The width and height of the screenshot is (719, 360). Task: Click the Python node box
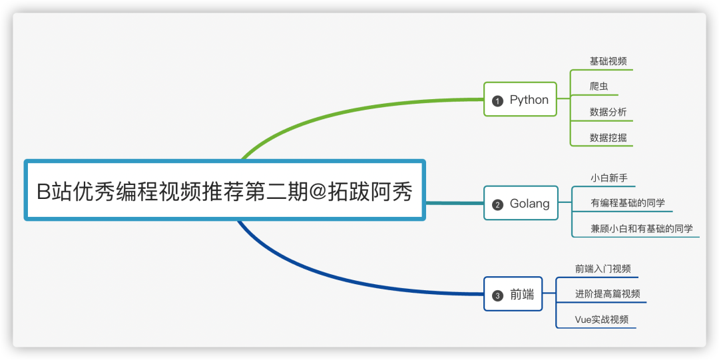pos(520,100)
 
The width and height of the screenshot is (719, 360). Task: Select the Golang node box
pos(521,204)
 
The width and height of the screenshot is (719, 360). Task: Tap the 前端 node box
pos(513,294)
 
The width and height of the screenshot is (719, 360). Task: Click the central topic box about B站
pos(224,191)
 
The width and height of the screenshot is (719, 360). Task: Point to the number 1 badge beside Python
pos(497,101)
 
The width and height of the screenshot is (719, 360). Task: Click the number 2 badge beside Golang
pos(497,204)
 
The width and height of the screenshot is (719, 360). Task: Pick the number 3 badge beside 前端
pos(497,295)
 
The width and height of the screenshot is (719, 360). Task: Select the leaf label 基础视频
pos(608,61)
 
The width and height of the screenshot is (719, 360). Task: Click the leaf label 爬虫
pos(599,87)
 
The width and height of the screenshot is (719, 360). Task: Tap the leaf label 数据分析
pos(608,112)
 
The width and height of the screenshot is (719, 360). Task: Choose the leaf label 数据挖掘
pos(608,138)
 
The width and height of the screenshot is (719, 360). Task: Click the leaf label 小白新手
pos(608,178)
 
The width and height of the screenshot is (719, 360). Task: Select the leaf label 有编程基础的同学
pos(627,203)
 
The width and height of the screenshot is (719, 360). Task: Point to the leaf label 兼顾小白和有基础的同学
pos(641,228)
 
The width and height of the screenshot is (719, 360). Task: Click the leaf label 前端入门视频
pos(602,269)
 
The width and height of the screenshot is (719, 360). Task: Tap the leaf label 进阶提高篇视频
pos(607,294)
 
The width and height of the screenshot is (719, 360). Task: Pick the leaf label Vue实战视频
pos(601,319)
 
